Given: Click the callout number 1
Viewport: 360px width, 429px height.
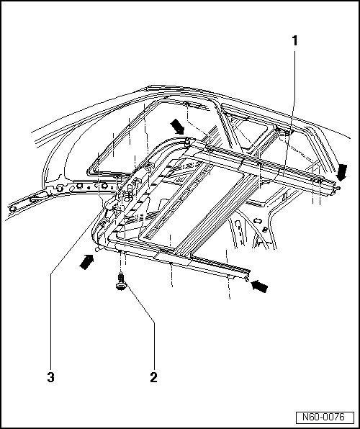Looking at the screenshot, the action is coord(294,41).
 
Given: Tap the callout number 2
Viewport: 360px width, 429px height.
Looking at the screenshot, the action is coord(154,377).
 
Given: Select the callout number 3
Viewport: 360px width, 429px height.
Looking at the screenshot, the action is coord(50,377).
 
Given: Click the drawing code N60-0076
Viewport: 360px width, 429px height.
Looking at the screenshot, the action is coord(323,417).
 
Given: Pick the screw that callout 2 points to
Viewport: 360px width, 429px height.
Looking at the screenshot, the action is coord(121,282).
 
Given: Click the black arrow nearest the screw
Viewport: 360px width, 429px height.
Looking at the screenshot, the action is coord(86,261).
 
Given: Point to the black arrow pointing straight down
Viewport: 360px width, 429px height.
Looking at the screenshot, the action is coord(342,172).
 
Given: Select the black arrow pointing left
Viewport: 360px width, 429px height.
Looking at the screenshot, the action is coord(259,286).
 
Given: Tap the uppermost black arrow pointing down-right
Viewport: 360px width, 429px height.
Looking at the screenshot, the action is coord(177,127).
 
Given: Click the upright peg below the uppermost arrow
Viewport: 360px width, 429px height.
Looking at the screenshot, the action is coord(187,142).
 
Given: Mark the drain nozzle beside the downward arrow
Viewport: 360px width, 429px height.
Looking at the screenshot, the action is coord(338,189).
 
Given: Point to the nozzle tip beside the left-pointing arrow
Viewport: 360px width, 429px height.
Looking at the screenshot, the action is coord(248,279).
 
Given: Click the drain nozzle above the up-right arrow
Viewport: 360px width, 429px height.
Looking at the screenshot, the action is coord(97,249).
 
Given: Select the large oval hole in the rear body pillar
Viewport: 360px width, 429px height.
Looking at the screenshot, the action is coord(258,220).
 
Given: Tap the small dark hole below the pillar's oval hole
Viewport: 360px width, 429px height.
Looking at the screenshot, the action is coord(265,230).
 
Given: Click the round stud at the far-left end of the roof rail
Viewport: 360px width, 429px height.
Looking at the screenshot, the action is coord(12,209).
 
